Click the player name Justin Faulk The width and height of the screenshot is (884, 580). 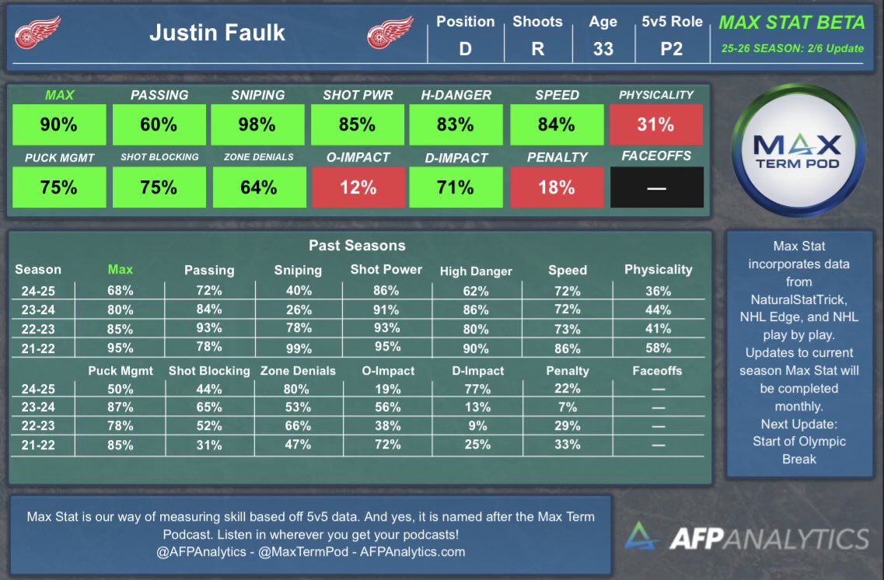(x=217, y=33)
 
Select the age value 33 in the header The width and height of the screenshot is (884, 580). (x=603, y=48)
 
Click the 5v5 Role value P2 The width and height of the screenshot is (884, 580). (x=671, y=48)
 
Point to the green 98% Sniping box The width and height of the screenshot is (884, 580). (x=257, y=124)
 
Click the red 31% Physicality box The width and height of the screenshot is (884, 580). (x=655, y=124)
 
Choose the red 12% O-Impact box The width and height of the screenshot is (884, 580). (x=358, y=187)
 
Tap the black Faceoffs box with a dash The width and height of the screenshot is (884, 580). (x=656, y=187)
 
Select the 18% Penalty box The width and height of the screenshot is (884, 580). (x=556, y=187)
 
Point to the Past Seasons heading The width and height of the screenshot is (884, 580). (x=357, y=246)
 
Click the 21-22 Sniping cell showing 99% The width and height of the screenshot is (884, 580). (x=298, y=348)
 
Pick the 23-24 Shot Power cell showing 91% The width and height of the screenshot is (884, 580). (x=386, y=309)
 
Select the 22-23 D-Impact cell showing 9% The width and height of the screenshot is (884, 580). (x=477, y=426)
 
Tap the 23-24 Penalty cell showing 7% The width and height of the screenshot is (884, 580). (x=568, y=407)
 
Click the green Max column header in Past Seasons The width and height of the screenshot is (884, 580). (x=121, y=270)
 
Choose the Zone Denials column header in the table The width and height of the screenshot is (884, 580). (x=299, y=371)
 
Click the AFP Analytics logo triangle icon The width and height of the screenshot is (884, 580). (x=641, y=537)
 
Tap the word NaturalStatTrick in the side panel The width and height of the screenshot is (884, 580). (x=798, y=299)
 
